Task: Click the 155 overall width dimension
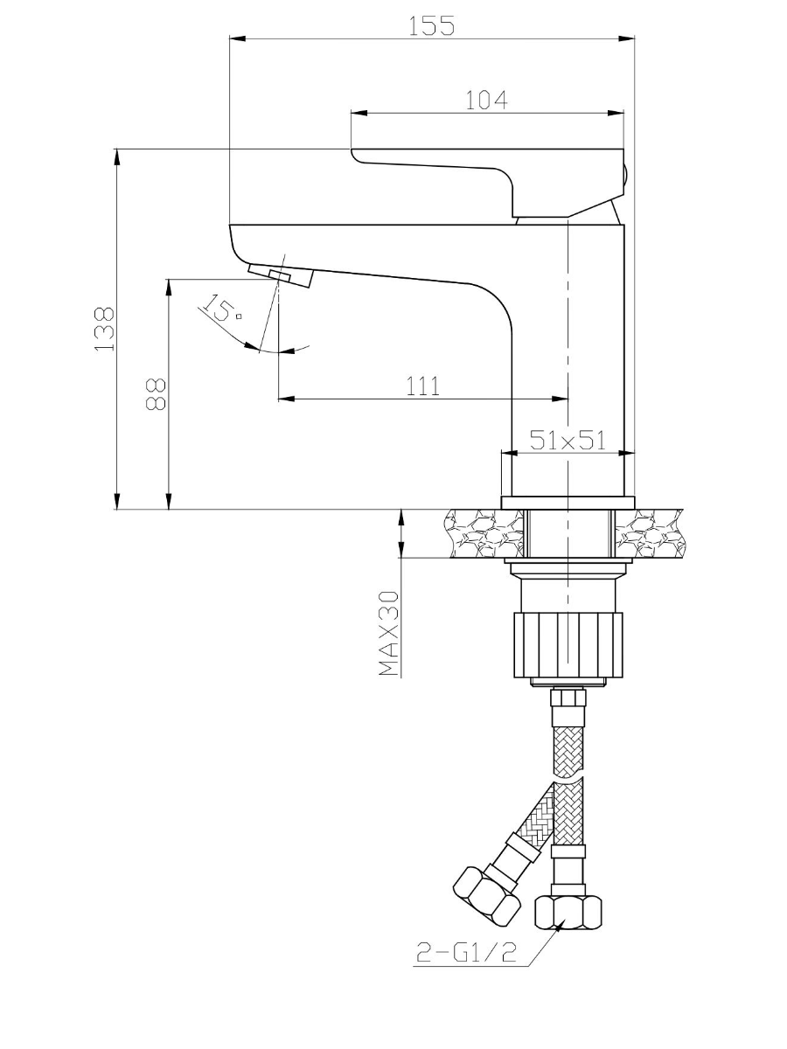(x=431, y=26)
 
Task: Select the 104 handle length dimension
(x=486, y=101)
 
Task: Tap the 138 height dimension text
(x=105, y=330)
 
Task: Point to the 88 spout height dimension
(x=156, y=394)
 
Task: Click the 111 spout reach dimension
(x=423, y=386)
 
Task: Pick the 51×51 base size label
(x=568, y=440)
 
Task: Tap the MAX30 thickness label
(x=388, y=633)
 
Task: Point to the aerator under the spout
(x=281, y=275)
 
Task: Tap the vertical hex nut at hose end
(x=568, y=913)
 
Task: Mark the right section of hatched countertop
(x=650, y=533)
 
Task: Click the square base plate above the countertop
(x=568, y=504)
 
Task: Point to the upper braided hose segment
(x=568, y=752)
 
